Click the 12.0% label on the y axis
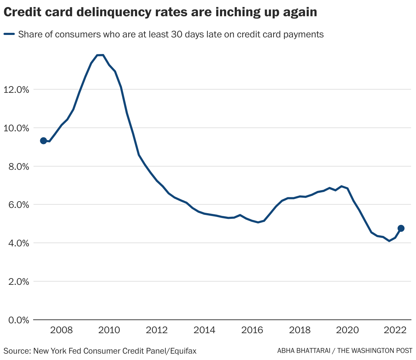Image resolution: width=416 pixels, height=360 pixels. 16,90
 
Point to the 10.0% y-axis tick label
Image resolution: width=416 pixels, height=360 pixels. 16,128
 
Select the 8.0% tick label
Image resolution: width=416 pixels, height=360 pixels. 18,167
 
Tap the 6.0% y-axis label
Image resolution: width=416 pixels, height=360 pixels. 18,205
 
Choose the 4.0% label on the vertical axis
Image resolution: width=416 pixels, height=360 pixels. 18,243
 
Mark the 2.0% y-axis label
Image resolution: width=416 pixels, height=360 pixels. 18,282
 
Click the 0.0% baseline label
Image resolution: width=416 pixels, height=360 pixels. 18,320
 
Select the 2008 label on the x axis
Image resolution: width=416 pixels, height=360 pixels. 61,330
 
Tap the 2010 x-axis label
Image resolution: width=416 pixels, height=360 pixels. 109,330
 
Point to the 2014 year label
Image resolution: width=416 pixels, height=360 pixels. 204,330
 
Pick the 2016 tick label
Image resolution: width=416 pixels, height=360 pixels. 252,330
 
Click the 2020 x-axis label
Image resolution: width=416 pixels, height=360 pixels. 348,330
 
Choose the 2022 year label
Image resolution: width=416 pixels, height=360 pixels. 395,330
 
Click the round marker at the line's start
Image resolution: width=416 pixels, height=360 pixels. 43,141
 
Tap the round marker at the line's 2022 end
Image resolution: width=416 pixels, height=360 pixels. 401,228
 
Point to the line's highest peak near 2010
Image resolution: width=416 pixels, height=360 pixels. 100,55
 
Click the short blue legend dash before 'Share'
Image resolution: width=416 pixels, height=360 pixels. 9,34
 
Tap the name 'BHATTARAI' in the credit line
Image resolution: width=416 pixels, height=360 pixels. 315,351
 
